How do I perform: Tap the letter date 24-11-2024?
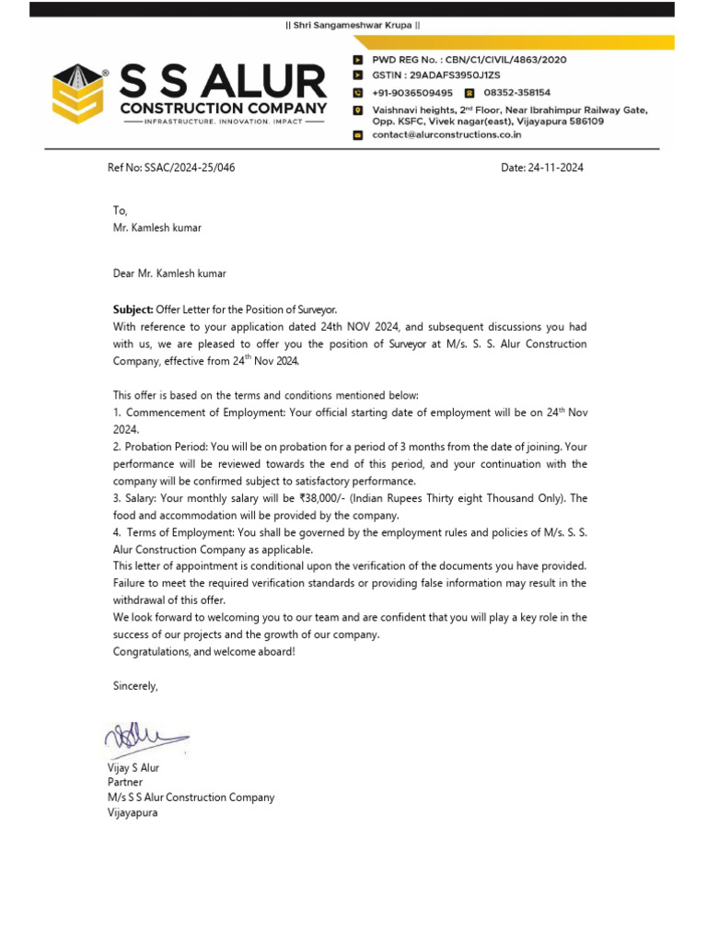(x=557, y=169)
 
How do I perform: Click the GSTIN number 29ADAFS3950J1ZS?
(x=442, y=76)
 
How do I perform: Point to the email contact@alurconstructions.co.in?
(x=446, y=134)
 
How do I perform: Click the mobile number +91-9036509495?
(x=411, y=93)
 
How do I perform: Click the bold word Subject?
(x=133, y=309)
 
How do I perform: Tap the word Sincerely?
(x=135, y=686)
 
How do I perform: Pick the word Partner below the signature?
(x=125, y=783)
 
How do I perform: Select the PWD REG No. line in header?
(x=469, y=60)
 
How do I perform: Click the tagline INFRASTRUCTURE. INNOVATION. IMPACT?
(x=224, y=122)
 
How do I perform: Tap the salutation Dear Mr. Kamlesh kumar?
(x=168, y=274)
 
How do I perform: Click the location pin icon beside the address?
(x=358, y=111)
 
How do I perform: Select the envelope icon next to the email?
(x=358, y=135)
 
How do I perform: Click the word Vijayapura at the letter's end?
(x=133, y=814)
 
